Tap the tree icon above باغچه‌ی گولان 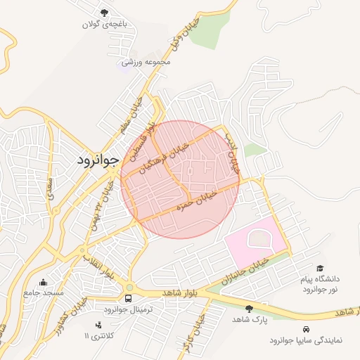(105, 13)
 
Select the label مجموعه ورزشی (146, 62)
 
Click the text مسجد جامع (44, 292)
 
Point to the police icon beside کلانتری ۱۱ (98, 324)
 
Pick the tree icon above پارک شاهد (248, 308)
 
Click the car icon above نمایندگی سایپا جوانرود (305, 329)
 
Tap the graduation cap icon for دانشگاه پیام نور (320, 268)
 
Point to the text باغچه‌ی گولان (105, 25)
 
